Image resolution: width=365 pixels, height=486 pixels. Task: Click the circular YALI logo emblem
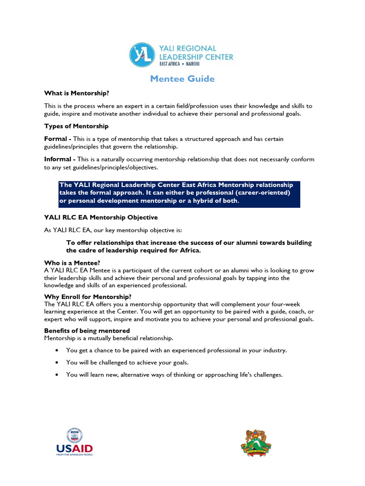[x=142, y=55]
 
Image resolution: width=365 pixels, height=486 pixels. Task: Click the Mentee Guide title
[x=182, y=79]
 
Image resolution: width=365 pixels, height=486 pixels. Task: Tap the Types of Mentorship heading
[x=76, y=126]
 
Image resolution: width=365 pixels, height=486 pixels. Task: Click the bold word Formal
[x=56, y=139]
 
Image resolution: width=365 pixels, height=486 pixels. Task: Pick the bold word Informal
[x=59, y=159]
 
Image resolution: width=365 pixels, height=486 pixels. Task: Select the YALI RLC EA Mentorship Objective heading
[x=101, y=217]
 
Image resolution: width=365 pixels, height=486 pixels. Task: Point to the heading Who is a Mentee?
[x=72, y=263]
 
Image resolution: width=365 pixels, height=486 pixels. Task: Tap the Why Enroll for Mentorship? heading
[x=88, y=297]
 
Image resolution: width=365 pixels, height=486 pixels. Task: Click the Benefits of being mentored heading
[x=87, y=330]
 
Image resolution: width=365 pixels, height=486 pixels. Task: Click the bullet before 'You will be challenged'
[x=57, y=363]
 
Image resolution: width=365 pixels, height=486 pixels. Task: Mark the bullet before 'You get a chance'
[x=57, y=350]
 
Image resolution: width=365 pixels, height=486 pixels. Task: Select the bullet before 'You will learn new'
[x=57, y=375]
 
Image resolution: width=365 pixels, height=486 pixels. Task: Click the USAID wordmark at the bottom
[x=75, y=448]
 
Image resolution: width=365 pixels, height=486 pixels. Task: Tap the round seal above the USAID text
[x=75, y=435]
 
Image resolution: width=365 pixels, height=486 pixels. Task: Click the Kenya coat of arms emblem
[x=256, y=443]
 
